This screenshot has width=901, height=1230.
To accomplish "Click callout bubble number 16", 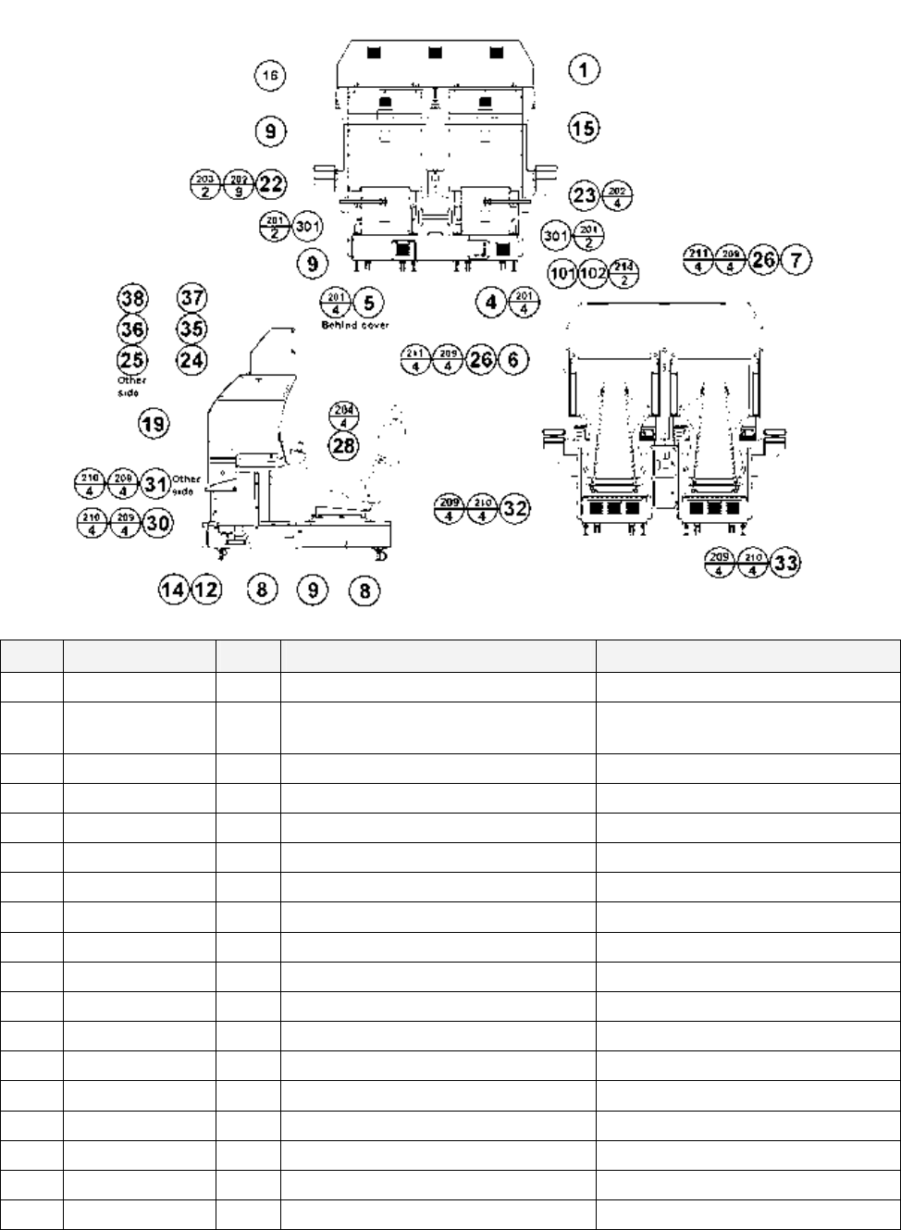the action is point(269,76).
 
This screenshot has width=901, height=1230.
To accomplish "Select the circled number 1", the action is point(584,69).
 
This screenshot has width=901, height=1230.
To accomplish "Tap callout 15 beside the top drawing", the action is point(584,128).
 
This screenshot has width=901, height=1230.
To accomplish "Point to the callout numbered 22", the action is point(270,183).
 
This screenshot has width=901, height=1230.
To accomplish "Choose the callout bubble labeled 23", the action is point(585,195).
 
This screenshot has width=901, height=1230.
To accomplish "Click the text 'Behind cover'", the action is point(355,326).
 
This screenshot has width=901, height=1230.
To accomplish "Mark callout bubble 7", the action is point(796,260).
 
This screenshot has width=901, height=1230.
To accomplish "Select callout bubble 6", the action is point(512,359).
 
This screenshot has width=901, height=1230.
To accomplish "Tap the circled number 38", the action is point(132,298).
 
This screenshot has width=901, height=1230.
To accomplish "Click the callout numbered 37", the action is point(191,298).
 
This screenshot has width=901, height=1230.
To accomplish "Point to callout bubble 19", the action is point(154,425).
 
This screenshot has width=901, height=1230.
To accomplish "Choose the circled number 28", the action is point(344,445).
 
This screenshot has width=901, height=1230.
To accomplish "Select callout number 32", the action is point(514,508).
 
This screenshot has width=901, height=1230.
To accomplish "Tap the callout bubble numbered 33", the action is point(785,563).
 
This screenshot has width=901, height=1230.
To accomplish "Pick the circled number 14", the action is point(173,590).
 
